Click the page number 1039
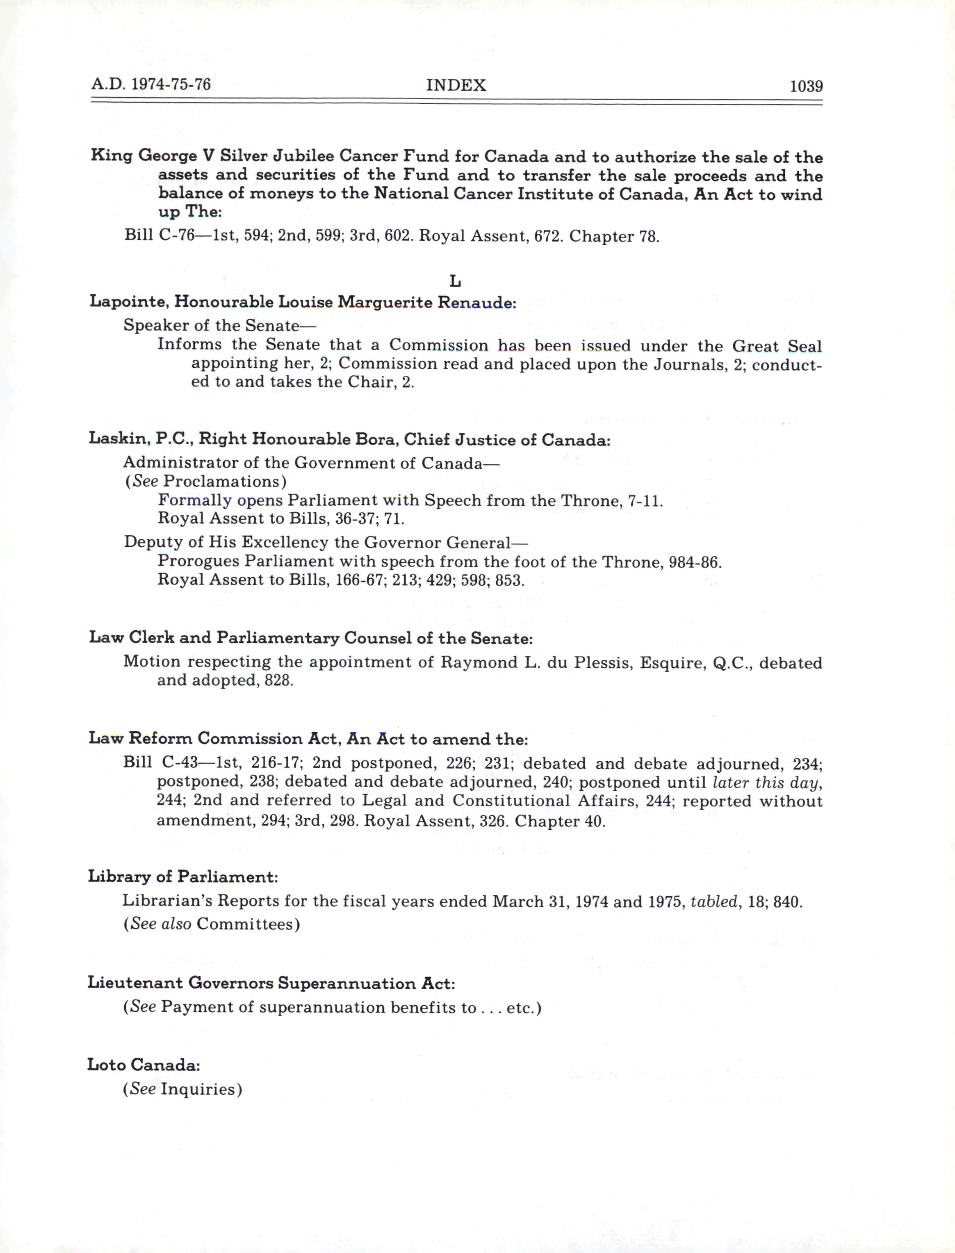tap(806, 87)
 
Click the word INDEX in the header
tap(456, 85)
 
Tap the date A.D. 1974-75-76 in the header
tap(150, 85)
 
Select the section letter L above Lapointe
tap(455, 281)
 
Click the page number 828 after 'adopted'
tap(278, 680)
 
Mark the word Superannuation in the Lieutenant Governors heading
tap(347, 983)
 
